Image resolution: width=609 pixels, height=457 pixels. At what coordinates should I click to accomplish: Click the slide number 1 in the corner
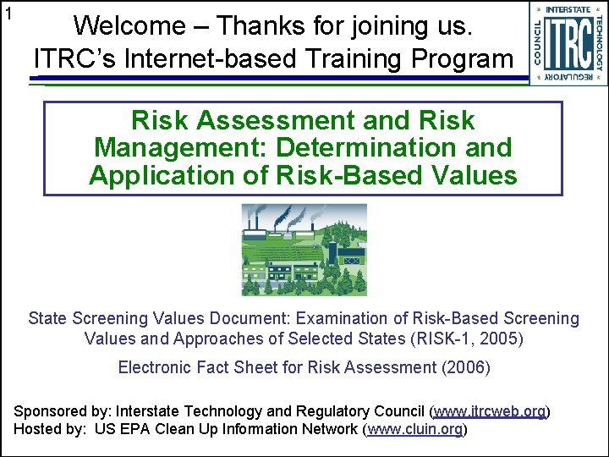[x=8, y=14]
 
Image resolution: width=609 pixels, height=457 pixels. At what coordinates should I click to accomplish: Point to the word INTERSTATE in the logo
[x=569, y=10]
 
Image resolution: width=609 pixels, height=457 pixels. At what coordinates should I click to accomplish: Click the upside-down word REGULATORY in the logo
[x=569, y=78]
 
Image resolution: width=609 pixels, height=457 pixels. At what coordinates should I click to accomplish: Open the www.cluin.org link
[x=415, y=428]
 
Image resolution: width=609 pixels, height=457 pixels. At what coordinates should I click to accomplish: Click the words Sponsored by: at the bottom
[x=63, y=411]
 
